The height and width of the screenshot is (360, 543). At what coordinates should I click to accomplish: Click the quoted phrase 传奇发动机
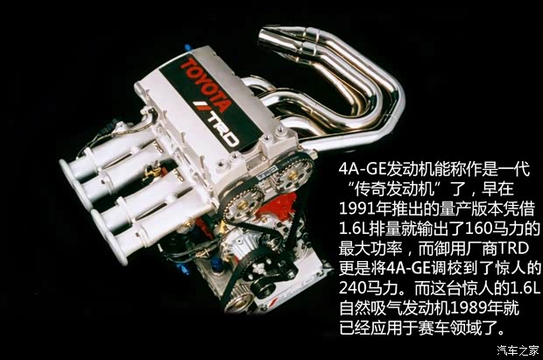click(x=386, y=187)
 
